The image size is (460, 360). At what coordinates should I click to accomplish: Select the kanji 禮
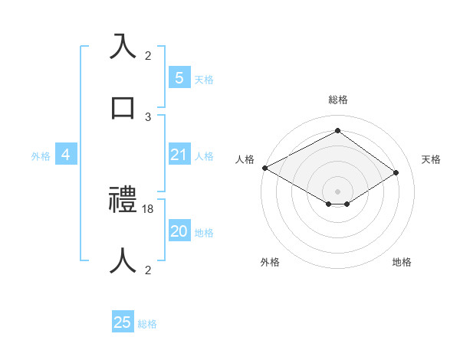click(x=123, y=201)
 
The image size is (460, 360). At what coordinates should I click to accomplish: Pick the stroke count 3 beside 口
click(x=148, y=116)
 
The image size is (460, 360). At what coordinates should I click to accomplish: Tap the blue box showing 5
click(x=179, y=77)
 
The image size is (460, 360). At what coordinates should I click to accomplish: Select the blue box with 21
click(x=179, y=155)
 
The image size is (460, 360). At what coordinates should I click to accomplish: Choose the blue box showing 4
click(x=65, y=155)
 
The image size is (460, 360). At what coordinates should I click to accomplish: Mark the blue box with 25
click(x=123, y=322)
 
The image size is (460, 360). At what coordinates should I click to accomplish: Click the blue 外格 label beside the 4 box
click(x=41, y=155)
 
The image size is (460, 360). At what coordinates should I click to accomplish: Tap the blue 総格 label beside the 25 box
click(x=147, y=324)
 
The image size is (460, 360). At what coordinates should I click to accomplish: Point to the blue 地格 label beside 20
click(x=204, y=233)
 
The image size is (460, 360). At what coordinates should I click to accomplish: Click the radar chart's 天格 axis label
click(x=431, y=159)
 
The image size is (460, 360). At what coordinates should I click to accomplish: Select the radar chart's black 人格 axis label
click(x=245, y=159)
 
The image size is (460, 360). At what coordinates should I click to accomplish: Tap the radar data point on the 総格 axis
click(x=337, y=131)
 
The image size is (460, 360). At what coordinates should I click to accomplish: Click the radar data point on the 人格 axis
click(x=264, y=168)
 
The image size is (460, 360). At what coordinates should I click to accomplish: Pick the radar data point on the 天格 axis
click(x=397, y=172)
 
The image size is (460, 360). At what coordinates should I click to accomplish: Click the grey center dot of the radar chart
click(x=337, y=191)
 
